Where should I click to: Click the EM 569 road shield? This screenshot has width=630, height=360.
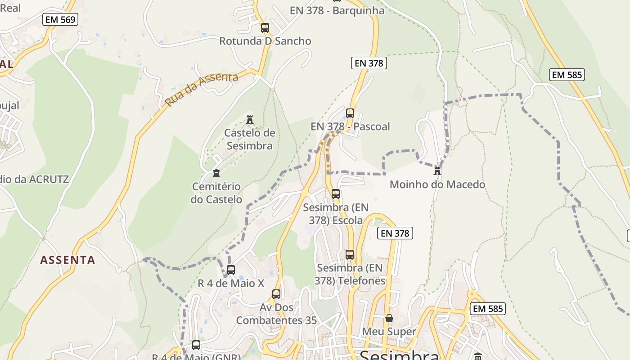click(60, 19)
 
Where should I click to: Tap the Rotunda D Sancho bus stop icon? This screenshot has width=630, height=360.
click(265, 28)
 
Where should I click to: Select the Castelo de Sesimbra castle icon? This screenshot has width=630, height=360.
click(250, 120)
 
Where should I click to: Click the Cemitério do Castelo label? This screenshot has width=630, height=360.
click(216, 193)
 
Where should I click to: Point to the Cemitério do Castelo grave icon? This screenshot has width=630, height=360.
click(216, 173)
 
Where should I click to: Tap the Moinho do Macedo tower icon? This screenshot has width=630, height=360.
click(437, 171)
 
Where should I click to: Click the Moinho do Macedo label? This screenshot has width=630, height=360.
click(437, 184)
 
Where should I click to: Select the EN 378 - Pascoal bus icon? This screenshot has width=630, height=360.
click(350, 113)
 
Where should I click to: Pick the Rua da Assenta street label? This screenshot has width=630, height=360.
click(201, 89)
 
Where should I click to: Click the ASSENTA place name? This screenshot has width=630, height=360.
click(67, 260)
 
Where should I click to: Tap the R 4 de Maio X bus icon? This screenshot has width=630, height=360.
click(231, 270)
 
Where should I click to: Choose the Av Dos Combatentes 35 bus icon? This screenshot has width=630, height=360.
click(276, 294)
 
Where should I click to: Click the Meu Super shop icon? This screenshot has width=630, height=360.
click(389, 318)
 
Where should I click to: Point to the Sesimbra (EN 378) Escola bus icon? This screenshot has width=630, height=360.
click(336, 194)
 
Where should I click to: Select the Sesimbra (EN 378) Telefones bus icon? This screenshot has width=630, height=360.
click(350, 255)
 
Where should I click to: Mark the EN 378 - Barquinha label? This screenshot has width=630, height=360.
click(337, 11)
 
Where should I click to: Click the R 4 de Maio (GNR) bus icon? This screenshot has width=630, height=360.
click(196, 345)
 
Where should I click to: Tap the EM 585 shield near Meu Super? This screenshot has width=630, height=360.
click(488, 309)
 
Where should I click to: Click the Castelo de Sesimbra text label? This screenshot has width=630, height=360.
click(250, 139)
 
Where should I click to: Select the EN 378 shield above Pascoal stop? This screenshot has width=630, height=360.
click(369, 63)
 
